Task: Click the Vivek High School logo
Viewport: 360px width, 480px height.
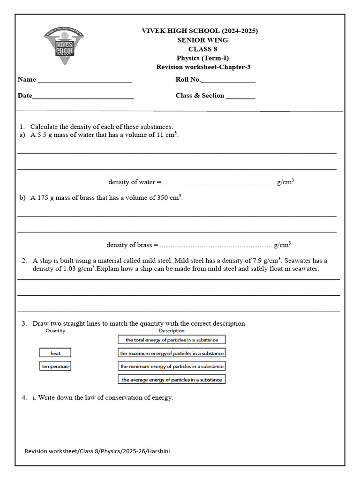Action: point(63,45)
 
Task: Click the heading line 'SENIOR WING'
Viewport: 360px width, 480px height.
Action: point(202,40)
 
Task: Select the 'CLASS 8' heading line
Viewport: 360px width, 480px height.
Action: point(202,49)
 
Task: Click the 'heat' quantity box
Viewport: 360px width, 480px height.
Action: point(55,353)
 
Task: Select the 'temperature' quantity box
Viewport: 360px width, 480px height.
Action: point(55,366)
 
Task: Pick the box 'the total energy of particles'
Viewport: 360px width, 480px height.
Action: point(172,339)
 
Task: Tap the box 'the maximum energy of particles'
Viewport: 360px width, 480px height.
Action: point(172,353)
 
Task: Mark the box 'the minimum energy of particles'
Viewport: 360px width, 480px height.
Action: point(172,366)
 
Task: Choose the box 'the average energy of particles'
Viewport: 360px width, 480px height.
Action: point(172,379)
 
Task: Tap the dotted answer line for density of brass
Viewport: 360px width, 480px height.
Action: point(216,246)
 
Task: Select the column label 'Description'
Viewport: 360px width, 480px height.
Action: point(172,330)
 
